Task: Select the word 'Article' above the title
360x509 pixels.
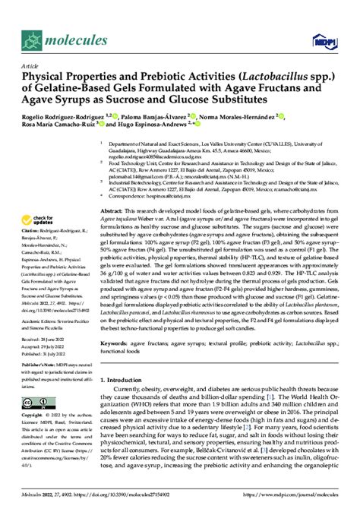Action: click(29, 66)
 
